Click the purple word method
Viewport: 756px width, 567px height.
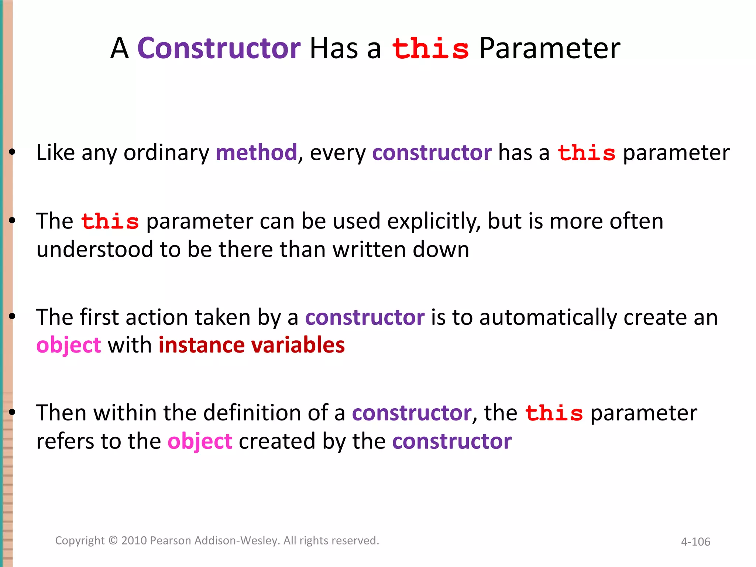(x=256, y=152)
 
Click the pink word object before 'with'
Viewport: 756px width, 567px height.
(x=69, y=346)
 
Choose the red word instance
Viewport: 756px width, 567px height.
(x=202, y=345)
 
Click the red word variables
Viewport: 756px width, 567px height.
(x=298, y=345)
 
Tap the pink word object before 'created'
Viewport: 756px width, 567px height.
(x=200, y=441)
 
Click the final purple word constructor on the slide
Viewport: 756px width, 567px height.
(x=452, y=441)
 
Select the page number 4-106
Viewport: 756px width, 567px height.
(x=695, y=542)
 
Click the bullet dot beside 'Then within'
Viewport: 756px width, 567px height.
(x=12, y=412)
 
